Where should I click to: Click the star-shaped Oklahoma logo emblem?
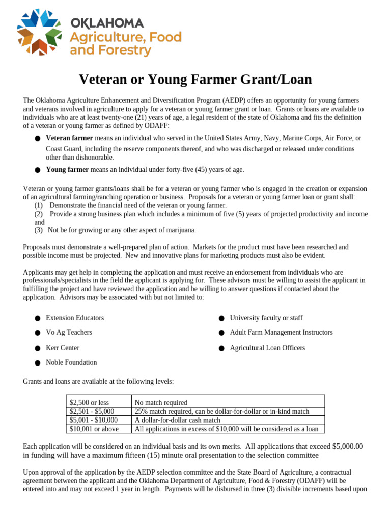click(40, 32)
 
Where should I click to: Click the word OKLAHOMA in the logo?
click(106, 23)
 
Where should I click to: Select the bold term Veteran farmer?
click(69, 138)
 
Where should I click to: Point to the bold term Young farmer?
click(67, 170)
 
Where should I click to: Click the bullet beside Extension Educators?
click(38, 318)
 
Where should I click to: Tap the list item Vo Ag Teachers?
click(69, 332)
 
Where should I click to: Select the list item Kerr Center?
click(63, 348)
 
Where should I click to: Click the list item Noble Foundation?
click(71, 362)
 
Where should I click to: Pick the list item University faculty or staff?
click(266, 318)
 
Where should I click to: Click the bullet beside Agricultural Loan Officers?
click(222, 348)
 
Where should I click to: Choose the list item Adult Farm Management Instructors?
click(281, 332)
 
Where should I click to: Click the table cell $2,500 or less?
click(89, 403)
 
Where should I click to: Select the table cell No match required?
click(161, 403)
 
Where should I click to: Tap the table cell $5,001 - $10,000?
click(94, 420)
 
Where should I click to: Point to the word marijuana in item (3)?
click(178, 230)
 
